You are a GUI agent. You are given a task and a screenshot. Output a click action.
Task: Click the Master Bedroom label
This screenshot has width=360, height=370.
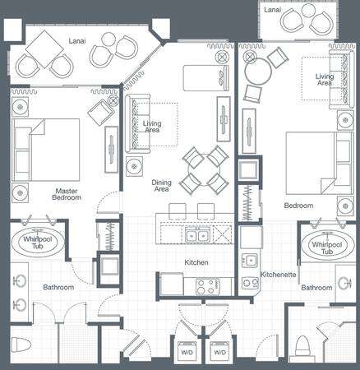[67, 194]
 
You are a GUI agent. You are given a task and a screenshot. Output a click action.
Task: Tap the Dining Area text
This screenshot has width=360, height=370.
[161, 186]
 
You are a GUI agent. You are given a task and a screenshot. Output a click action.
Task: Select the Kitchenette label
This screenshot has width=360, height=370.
[278, 275]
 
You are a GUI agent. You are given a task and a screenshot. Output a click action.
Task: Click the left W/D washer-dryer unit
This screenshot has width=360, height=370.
[187, 352]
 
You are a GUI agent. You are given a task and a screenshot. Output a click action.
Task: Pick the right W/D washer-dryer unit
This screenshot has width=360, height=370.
[219, 352]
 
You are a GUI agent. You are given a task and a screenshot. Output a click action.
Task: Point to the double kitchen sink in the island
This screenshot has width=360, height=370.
[196, 235]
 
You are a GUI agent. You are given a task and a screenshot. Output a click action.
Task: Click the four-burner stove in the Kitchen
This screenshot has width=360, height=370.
[208, 287]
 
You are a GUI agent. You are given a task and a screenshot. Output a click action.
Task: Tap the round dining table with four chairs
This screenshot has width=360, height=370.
[205, 170]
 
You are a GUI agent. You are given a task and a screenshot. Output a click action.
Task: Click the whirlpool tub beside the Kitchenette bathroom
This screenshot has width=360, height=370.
[327, 245]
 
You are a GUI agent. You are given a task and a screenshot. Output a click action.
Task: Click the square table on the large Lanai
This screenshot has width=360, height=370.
[44, 49]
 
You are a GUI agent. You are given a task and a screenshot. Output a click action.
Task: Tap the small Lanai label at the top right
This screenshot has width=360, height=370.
[273, 10]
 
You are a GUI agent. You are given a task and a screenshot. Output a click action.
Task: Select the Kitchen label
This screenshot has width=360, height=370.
[196, 262]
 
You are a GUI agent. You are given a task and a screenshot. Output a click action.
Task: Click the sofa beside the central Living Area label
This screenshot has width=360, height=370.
[138, 123]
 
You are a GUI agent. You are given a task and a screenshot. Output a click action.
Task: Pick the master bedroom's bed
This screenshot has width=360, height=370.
[46, 150]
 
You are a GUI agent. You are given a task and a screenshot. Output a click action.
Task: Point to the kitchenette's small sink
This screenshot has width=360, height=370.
[250, 260]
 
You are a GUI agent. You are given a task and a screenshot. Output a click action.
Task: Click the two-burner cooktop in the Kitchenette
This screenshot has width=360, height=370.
[250, 283]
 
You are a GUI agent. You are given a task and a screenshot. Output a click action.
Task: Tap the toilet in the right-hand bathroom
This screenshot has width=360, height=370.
[302, 346]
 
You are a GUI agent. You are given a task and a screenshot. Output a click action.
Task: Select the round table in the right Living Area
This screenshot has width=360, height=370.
[258, 72]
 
